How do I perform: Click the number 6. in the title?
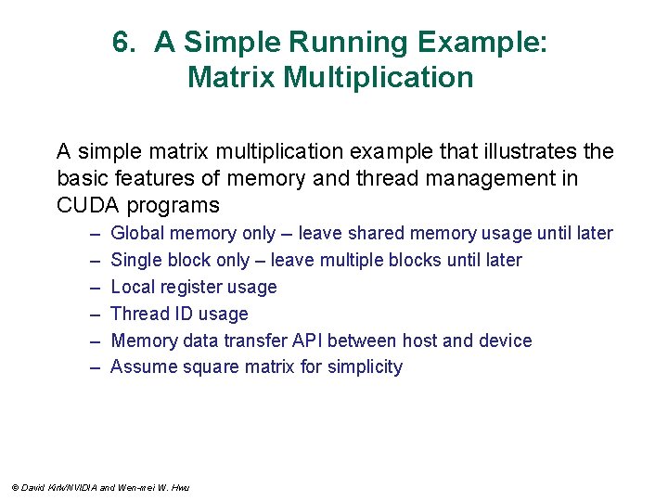[x=125, y=43]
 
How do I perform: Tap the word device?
[x=505, y=340]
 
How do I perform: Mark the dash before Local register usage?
[x=95, y=288]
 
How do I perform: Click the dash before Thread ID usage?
[x=95, y=315]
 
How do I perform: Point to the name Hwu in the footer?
[x=180, y=488]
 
